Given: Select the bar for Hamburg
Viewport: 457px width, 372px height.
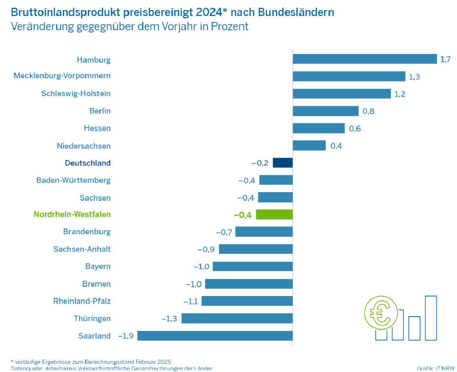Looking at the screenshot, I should pos(365,59).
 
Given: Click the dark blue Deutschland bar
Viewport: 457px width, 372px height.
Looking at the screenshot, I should pos(283,162).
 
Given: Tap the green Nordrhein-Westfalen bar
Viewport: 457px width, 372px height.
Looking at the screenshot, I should pos(274,214).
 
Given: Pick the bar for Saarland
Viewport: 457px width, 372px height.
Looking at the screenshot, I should pos(215,335).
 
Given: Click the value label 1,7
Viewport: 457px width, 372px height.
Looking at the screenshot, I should pos(445,59).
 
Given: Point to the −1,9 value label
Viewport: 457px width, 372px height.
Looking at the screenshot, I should pos(126,336).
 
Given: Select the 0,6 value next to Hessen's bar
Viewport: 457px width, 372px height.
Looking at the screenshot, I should pos(355,129).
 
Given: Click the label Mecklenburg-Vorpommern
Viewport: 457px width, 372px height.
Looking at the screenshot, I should pos(62,75).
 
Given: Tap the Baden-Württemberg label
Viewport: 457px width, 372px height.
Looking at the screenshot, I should pos(73,180).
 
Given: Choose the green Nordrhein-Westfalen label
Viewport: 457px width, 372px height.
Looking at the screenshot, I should pos(72,214).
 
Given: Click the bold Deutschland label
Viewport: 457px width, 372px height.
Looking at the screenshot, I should pos(88,163).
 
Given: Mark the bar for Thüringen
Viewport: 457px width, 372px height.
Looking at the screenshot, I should pos(237,318).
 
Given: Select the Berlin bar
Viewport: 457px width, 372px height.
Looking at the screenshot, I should pos(325,111).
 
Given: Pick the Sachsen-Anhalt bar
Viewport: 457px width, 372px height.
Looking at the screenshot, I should pos(255,249).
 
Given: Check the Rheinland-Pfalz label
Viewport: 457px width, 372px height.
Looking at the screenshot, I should pos(82,301).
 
